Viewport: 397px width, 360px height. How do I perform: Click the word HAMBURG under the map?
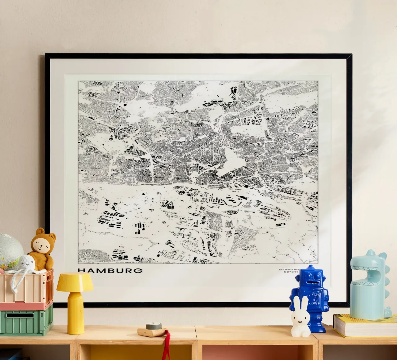[110, 270]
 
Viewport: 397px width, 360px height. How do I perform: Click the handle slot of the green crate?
[20, 315]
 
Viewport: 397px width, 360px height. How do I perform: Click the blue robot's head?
[310, 278]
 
